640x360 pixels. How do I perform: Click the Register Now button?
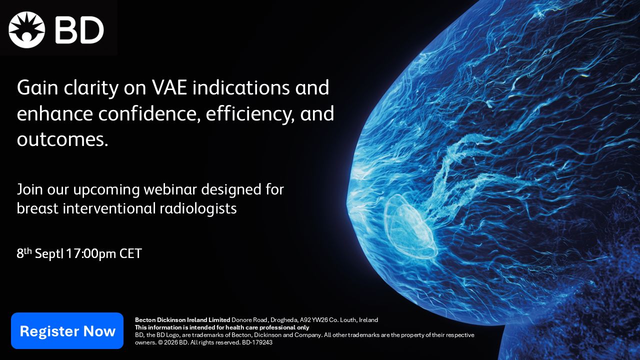[x=67, y=330]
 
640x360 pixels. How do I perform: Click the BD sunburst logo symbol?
[x=27, y=29]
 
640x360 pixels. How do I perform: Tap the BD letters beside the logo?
[x=79, y=30]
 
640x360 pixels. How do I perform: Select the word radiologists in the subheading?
[x=198, y=208]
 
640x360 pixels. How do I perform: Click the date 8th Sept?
[x=39, y=253]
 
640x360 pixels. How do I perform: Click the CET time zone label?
[x=130, y=253]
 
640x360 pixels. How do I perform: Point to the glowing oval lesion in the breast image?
[x=410, y=226]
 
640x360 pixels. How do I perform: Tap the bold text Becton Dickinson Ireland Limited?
[x=182, y=320]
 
